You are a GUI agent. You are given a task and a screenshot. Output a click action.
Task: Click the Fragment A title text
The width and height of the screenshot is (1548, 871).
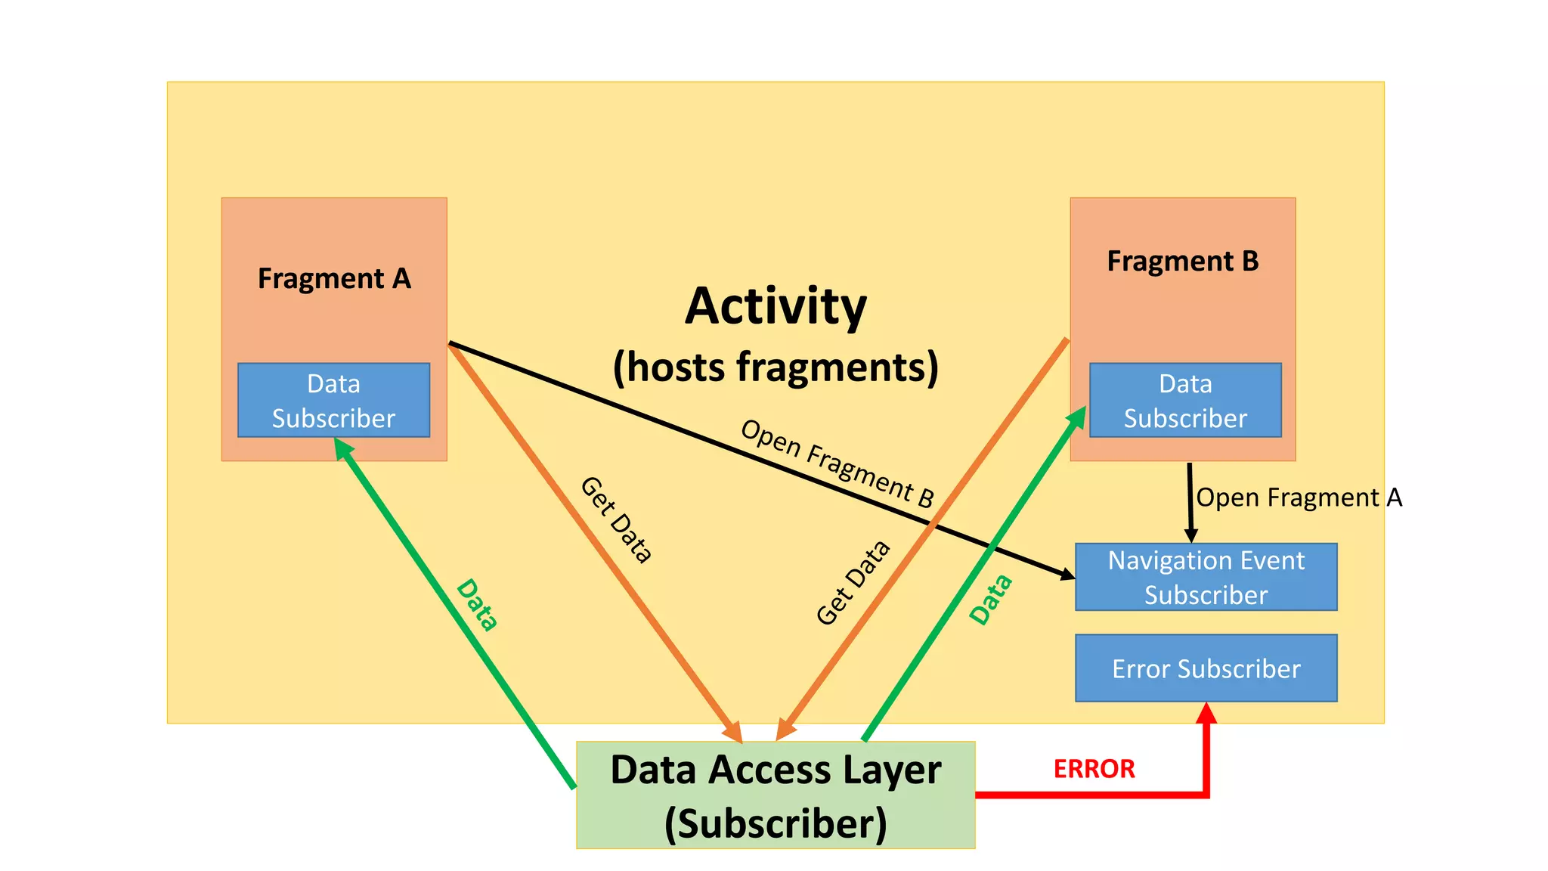334,279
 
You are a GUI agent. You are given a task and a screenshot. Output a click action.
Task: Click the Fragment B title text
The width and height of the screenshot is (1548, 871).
1183,262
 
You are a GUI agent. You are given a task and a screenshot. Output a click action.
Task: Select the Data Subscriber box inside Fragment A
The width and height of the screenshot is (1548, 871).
333,401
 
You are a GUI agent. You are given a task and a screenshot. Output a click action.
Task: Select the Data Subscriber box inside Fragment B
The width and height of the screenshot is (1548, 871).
1185,401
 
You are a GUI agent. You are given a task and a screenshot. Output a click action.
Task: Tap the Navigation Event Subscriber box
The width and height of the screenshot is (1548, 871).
1206,578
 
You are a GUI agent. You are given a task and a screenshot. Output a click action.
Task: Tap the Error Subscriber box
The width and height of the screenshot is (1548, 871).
1206,668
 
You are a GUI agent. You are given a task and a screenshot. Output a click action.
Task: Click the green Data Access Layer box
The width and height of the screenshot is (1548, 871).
776,795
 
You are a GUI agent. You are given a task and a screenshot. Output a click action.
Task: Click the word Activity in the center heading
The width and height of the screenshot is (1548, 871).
776,306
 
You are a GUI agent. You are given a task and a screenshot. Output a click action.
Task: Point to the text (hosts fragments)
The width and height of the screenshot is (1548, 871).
776,367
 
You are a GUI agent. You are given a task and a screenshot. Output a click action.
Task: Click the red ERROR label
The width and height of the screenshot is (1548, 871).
1094,769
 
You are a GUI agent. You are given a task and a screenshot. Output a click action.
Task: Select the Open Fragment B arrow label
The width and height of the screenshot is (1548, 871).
837,463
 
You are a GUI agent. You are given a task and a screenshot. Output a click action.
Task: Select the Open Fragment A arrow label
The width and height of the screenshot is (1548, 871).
1299,497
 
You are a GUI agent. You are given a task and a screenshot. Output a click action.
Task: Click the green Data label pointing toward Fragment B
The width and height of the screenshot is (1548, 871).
991,600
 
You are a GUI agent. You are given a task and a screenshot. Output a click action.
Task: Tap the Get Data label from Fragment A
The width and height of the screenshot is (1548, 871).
616,520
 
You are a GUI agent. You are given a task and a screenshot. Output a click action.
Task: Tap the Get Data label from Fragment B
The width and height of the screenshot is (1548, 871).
853,583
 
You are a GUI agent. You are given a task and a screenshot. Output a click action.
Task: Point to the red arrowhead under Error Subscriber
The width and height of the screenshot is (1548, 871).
1206,713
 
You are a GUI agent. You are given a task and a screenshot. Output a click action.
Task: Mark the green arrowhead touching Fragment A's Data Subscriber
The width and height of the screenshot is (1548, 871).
342,448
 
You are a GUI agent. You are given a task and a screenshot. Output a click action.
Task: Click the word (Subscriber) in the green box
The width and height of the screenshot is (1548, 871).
776,823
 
